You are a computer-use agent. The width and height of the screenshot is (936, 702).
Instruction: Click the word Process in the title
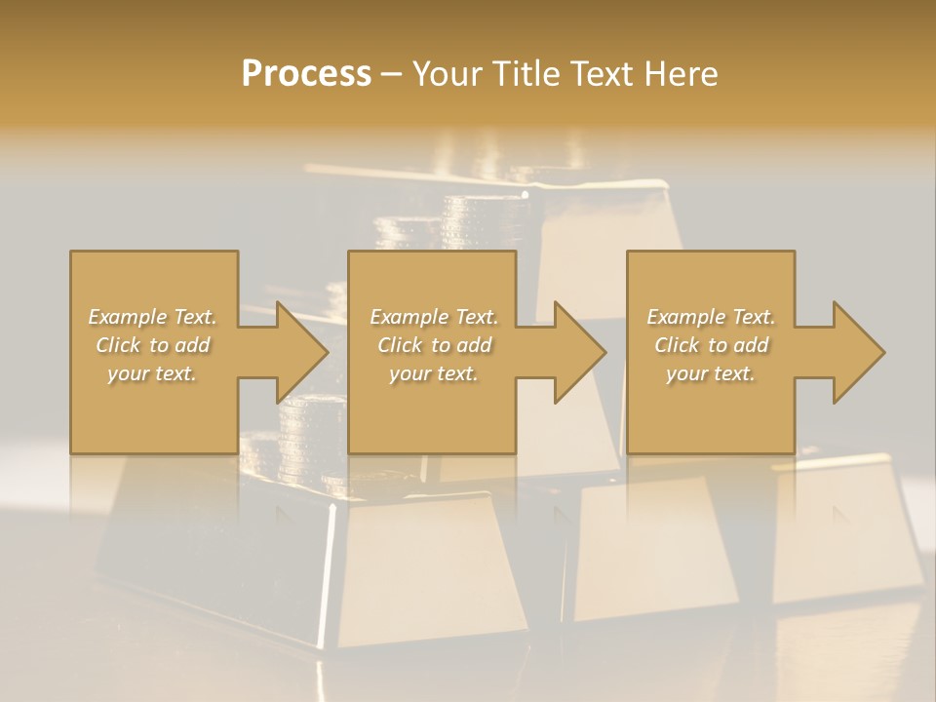coord(306,74)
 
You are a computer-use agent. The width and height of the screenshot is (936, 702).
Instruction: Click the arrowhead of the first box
coord(302,352)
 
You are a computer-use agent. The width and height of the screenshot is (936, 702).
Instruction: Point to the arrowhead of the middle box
coord(580,352)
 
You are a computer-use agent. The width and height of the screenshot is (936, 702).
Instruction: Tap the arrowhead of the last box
coord(859,352)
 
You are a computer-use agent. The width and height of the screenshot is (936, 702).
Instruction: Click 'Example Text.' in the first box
coord(152,317)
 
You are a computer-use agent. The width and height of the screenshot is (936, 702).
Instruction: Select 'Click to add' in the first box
coord(152,345)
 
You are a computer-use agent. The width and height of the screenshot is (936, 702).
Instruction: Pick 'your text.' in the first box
coord(152,373)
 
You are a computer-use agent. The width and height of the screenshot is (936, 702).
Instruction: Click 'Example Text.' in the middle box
coord(433,317)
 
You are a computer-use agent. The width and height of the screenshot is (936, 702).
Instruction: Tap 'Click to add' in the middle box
coord(433,345)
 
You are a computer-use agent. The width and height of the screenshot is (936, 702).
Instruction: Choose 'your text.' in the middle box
coord(433,373)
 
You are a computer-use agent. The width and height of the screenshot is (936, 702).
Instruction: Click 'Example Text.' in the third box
coord(711,317)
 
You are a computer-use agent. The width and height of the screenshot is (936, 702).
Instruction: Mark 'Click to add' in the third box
coord(711,345)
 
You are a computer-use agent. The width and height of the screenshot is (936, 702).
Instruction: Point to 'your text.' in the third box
coord(711,373)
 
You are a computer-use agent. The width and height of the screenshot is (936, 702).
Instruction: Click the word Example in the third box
coord(686,317)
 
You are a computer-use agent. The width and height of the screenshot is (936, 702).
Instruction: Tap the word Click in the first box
coord(118,345)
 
